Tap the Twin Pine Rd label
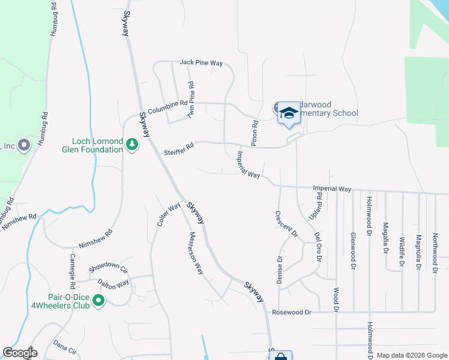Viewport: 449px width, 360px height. tap(190, 100)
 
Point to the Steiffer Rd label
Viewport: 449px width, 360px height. tap(179, 149)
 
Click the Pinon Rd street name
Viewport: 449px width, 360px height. tap(255, 133)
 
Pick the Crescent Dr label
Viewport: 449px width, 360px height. tap(286, 224)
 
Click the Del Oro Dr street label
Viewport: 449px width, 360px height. tap(318, 247)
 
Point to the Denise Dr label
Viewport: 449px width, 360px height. tap(280, 269)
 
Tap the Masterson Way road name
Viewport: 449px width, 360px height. tap(197, 252)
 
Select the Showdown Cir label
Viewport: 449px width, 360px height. tap(109, 268)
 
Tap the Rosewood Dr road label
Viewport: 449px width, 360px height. tap(292, 312)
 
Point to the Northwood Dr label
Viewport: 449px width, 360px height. tap(435, 253)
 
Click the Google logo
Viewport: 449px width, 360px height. tap(20, 353)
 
